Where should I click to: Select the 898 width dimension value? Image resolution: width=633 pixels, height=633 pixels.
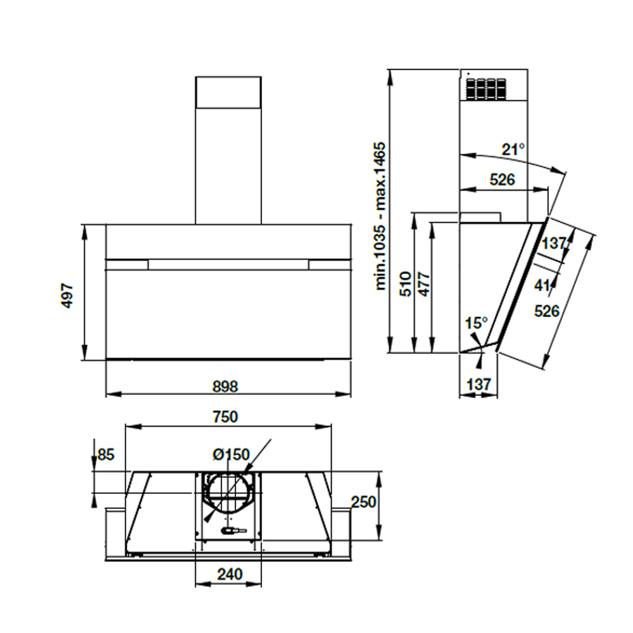(229, 385)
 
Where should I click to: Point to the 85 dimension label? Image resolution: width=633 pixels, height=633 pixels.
(104, 454)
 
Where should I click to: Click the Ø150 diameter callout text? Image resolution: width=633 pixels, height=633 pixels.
(231, 454)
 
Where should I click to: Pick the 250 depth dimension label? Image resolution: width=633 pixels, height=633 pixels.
(363, 502)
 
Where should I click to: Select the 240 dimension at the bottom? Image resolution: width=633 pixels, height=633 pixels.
(229, 574)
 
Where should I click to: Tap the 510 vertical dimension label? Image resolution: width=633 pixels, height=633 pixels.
(406, 284)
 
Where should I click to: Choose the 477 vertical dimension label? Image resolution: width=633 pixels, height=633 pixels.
(423, 284)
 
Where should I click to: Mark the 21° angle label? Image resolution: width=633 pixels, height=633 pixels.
(513, 150)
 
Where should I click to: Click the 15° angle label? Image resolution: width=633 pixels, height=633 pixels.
(477, 323)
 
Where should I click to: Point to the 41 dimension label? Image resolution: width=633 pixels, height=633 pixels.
(541, 285)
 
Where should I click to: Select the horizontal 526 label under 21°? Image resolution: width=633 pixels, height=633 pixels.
(503, 180)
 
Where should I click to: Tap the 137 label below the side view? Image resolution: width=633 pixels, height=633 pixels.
(478, 384)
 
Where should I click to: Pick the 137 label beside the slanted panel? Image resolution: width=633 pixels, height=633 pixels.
(553, 244)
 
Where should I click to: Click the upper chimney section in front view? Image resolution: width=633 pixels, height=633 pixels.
(228, 91)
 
